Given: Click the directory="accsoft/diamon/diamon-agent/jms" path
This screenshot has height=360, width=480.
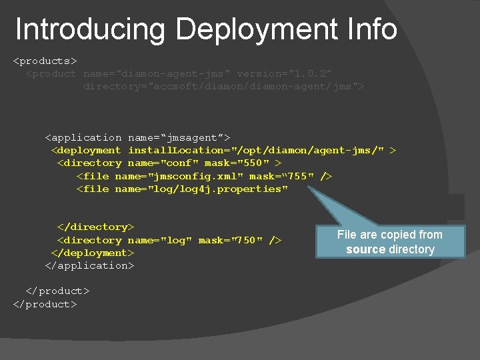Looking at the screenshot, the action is (224, 87).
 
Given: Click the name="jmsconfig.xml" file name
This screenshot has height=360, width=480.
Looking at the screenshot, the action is (179, 176).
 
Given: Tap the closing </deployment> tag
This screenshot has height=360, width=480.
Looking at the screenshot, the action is (93, 253).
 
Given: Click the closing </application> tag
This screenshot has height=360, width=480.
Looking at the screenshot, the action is (89, 265).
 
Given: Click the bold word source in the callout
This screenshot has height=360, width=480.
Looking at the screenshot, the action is (365, 249).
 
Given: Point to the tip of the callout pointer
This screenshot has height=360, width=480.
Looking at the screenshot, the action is (309, 188).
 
